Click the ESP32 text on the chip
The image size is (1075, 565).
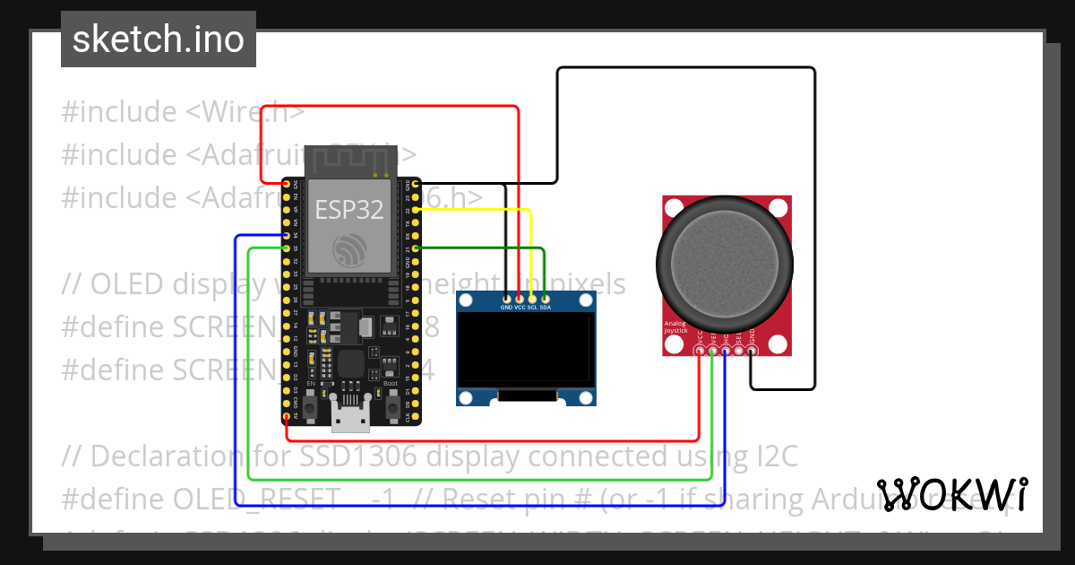[349, 210]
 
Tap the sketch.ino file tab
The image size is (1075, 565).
[159, 39]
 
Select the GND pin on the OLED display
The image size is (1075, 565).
[507, 298]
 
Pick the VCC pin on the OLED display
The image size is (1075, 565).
[520, 298]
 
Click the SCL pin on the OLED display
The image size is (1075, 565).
[532, 298]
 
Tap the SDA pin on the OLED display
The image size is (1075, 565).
[545, 298]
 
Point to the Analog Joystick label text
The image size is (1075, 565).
[676, 327]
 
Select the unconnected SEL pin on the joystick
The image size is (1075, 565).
[739, 352]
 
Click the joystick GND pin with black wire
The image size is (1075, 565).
[752, 352]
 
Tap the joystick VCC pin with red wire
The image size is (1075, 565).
[700, 352]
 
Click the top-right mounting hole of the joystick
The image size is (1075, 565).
[776, 209]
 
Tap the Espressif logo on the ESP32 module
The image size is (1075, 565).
[349, 248]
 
